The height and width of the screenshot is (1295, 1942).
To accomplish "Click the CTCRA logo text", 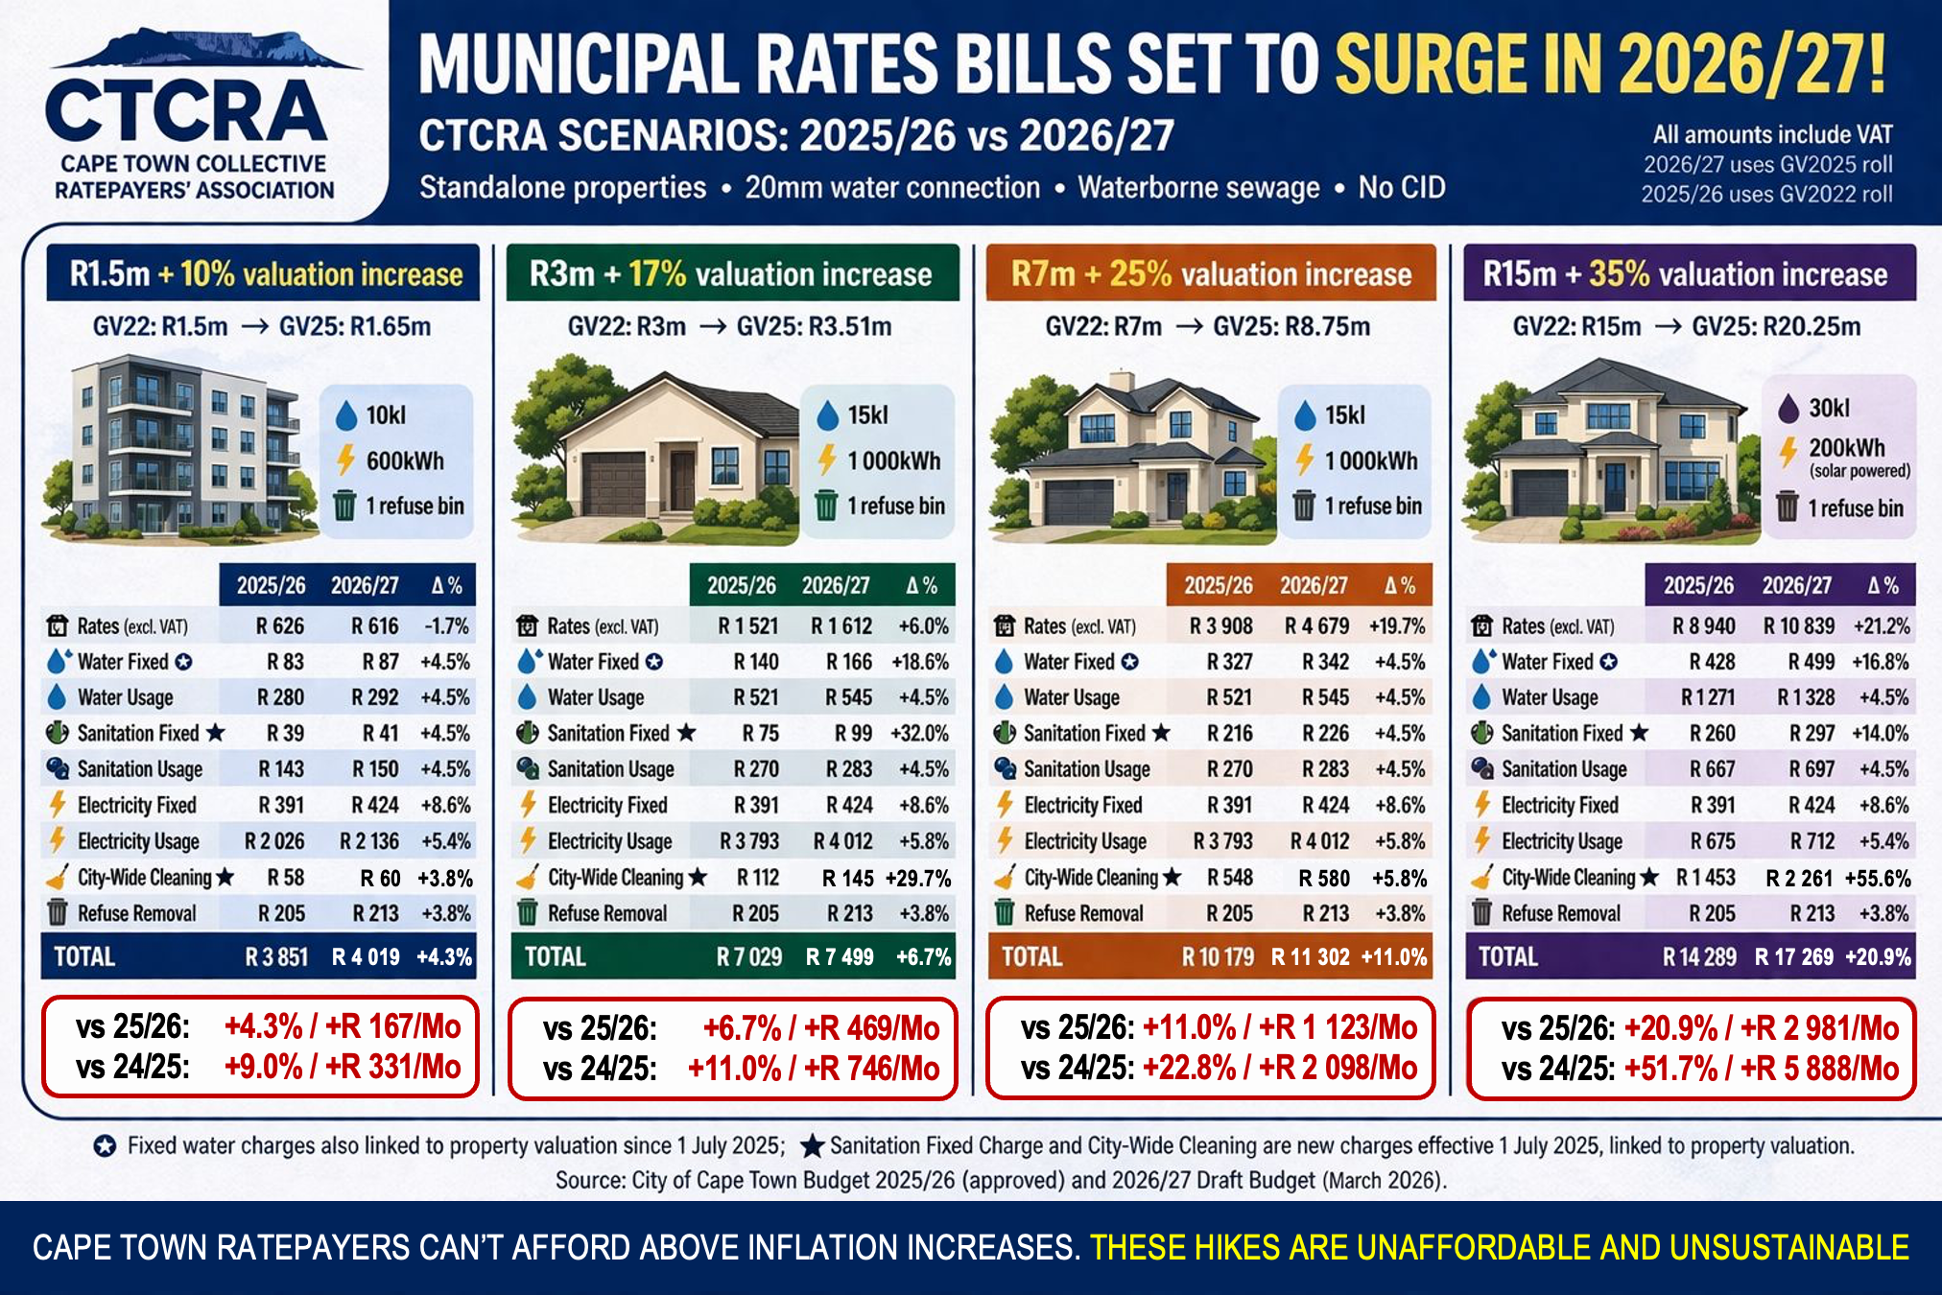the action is [186, 111].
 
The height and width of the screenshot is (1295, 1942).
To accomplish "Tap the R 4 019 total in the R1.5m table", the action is [366, 956].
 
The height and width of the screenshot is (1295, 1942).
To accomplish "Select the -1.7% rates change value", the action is [447, 626].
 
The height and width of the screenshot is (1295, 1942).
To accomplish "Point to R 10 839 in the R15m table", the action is [1799, 626].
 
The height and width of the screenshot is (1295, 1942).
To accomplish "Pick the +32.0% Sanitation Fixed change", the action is [919, 734].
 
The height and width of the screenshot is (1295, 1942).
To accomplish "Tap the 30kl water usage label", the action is [1829, 409].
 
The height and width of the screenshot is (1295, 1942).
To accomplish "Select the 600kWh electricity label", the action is [405, 461].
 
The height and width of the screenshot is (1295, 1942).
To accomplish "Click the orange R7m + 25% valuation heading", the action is [1211, 274].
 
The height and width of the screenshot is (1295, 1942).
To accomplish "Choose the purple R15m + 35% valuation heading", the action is [1690, 274].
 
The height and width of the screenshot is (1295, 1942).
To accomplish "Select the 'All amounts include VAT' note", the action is [1772, 134].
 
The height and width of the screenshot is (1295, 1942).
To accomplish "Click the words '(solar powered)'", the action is [1859, 471].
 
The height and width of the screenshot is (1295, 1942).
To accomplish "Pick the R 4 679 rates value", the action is [1316, 626].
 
